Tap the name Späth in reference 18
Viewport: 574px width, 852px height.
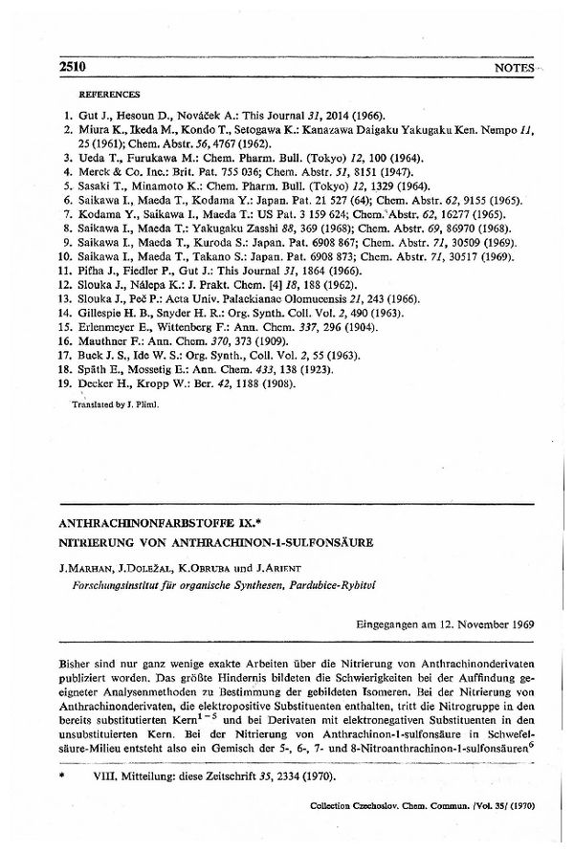[92, 369]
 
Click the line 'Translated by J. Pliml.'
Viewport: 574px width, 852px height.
[111, 405]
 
